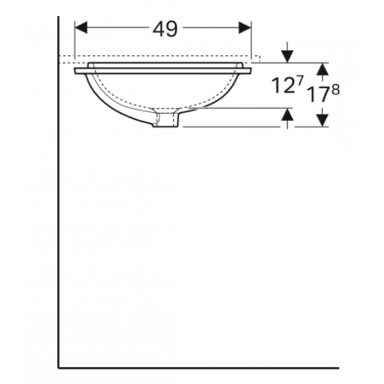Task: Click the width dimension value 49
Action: point(165,29)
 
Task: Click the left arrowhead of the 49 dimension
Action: point(81,29)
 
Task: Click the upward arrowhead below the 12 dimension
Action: point(288,114)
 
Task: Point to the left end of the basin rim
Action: point(76,71)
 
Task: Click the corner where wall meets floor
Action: point(58,367)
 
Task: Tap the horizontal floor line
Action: point(212,367)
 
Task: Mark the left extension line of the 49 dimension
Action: point(75,42)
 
